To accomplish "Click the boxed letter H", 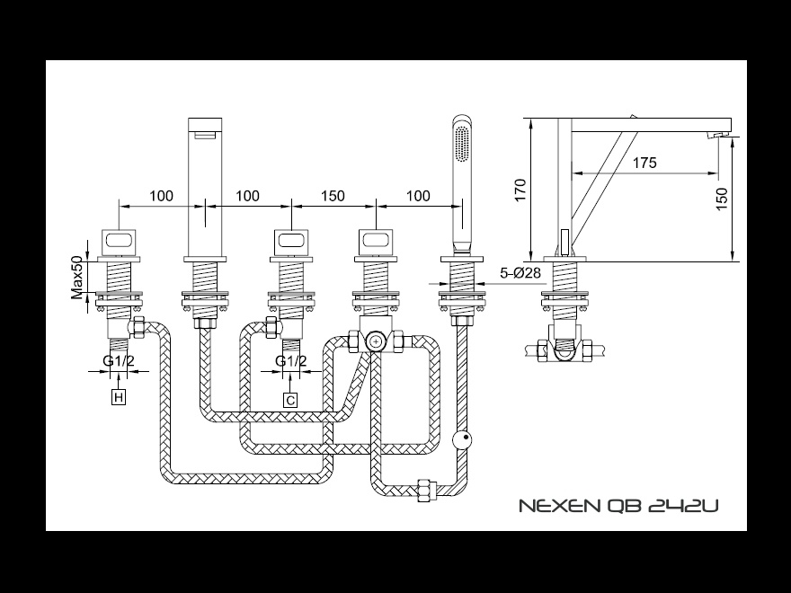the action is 119,397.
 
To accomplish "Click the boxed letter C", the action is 290,401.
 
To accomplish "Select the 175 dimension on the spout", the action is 644,163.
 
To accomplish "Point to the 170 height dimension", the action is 520,190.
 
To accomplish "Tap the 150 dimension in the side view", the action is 722,199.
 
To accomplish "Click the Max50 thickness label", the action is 76,278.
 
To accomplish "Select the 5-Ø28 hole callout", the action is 520,273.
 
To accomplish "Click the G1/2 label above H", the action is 119,361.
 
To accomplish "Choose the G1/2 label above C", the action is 290,361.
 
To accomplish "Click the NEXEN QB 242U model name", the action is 618,505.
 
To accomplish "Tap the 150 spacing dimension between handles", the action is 333,196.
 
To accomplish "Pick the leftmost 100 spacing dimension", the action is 161,196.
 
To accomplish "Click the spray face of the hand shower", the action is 461,145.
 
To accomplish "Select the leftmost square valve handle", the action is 119,242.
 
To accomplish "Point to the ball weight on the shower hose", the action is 462,438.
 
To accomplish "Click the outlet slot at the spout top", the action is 205,134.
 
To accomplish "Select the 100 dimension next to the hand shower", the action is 418,196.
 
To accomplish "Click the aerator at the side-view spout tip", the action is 718,134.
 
